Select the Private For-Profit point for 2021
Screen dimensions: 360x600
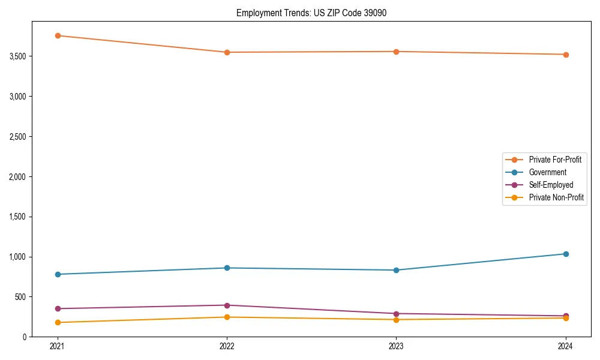[58, 35]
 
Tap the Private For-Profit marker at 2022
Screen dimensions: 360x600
[227, 52]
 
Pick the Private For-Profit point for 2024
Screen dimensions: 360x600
[566, 55]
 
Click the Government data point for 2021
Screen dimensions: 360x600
[58, 274]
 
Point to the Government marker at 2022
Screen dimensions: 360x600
[227, 268]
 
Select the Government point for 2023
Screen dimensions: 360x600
[397, 270]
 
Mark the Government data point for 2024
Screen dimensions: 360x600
[566, 254]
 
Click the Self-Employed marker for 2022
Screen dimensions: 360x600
[227, 305]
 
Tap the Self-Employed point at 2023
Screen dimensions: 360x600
[397, 314]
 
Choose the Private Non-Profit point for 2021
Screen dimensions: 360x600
[58, 323]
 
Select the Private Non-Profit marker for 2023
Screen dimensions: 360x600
[397, 320]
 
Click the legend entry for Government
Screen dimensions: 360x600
[547, 172]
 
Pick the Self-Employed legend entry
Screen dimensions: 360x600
[551, 185]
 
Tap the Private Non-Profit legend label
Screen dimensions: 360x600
[556, 197]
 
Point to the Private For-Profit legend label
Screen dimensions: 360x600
[555, 160]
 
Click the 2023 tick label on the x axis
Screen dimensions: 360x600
[397, 346]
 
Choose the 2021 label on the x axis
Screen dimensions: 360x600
[58, 346]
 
